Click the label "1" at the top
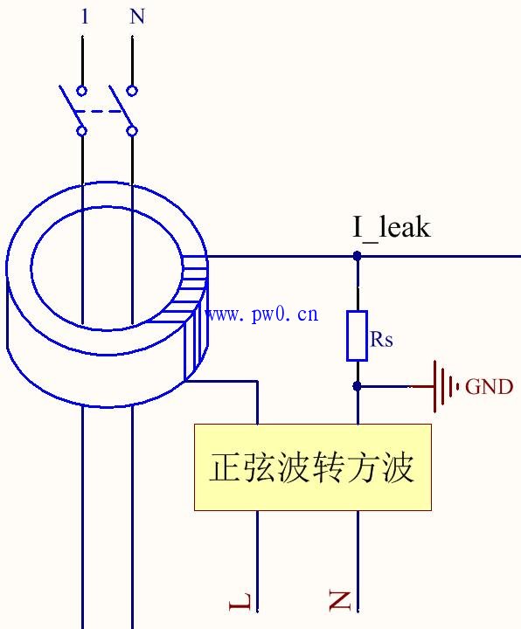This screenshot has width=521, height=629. pos(84,17)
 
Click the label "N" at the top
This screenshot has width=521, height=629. pos(137,17)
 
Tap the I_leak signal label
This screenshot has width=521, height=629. pos(392,228)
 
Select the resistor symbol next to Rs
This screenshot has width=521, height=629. pos(357,335)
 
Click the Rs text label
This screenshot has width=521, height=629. pos(381,340)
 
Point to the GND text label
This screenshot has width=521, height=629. pos(489,387)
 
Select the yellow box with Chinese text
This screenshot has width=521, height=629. pos(312,467)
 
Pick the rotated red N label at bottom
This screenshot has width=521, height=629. pos(340,600)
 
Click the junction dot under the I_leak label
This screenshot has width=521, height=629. pos(357,256)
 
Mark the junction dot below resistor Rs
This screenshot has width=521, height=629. pos(357,385)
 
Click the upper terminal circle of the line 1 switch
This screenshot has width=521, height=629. pos(82,91)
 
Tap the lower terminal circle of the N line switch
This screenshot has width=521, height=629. pos(132,131)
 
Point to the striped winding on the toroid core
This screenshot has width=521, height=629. pos(195,319)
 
